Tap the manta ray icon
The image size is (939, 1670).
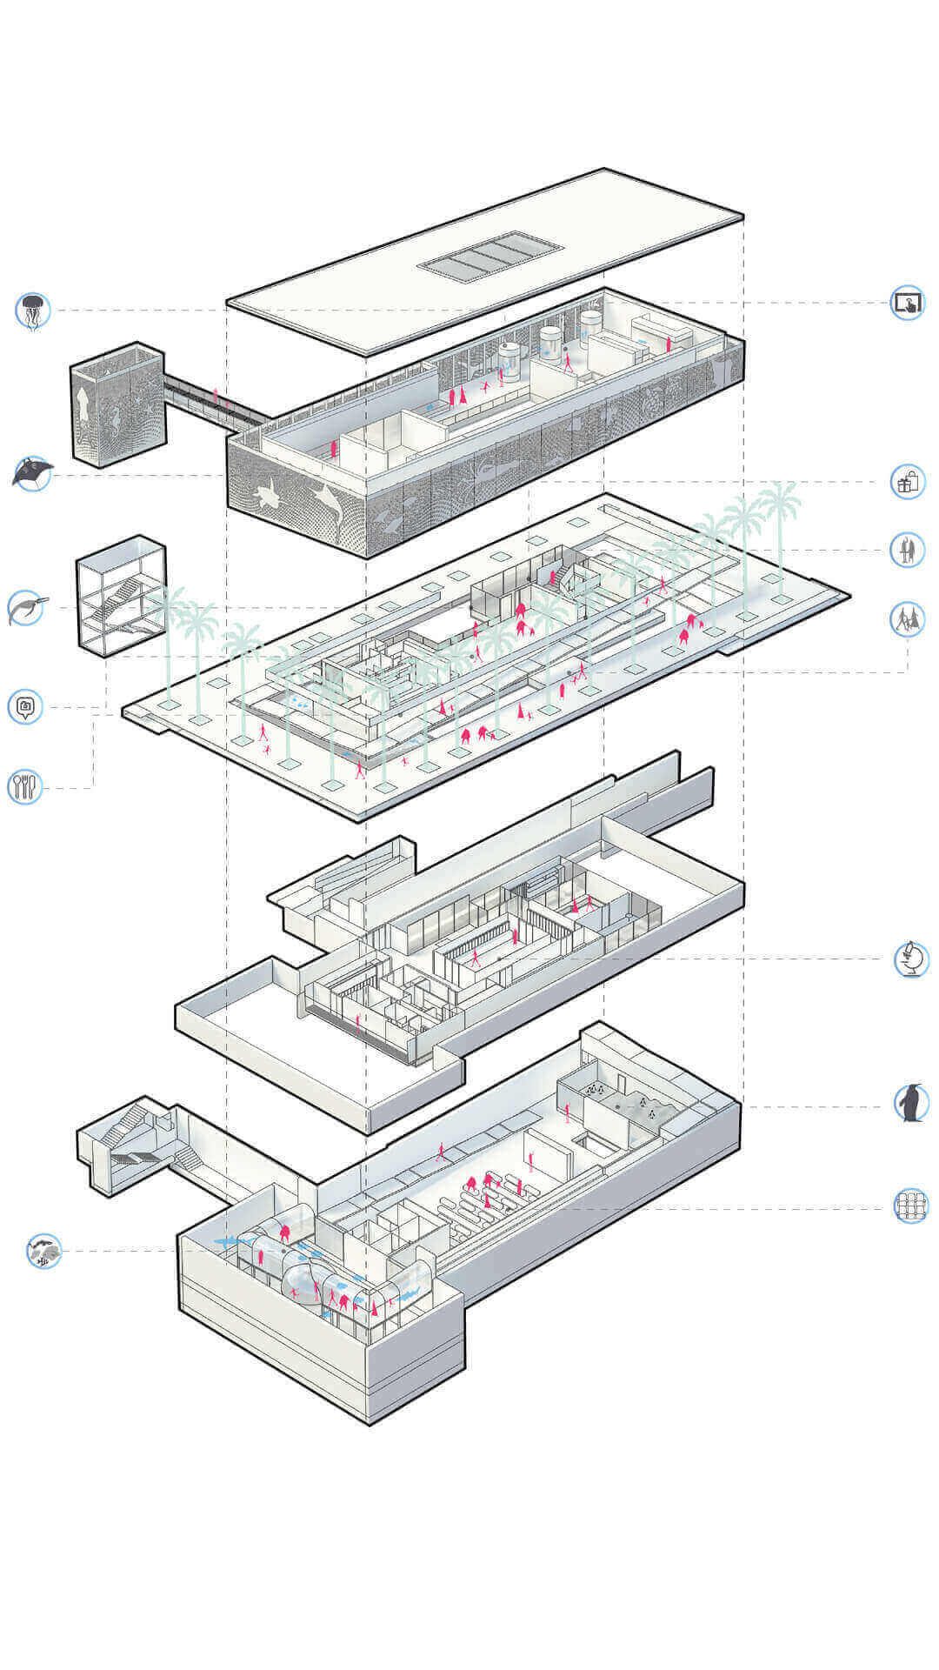pos(33,474)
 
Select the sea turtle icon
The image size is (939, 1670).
pos(26,608)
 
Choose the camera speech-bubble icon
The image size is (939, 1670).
pos(25,707)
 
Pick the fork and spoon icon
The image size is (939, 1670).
pos(24,787)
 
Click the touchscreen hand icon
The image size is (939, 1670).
pos(907,303)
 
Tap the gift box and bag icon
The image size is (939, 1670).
pos(907,481)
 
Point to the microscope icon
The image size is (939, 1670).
pos(910,959)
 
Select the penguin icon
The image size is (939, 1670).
pos(910,1103)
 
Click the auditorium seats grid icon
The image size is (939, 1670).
pos(910,1206)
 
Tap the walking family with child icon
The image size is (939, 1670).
pos(907,619)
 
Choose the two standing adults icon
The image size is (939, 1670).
pos(907,550)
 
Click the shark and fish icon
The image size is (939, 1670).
pos(43,1251)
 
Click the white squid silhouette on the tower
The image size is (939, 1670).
pos(83,405)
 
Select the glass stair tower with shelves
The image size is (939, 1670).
pos(121,596)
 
